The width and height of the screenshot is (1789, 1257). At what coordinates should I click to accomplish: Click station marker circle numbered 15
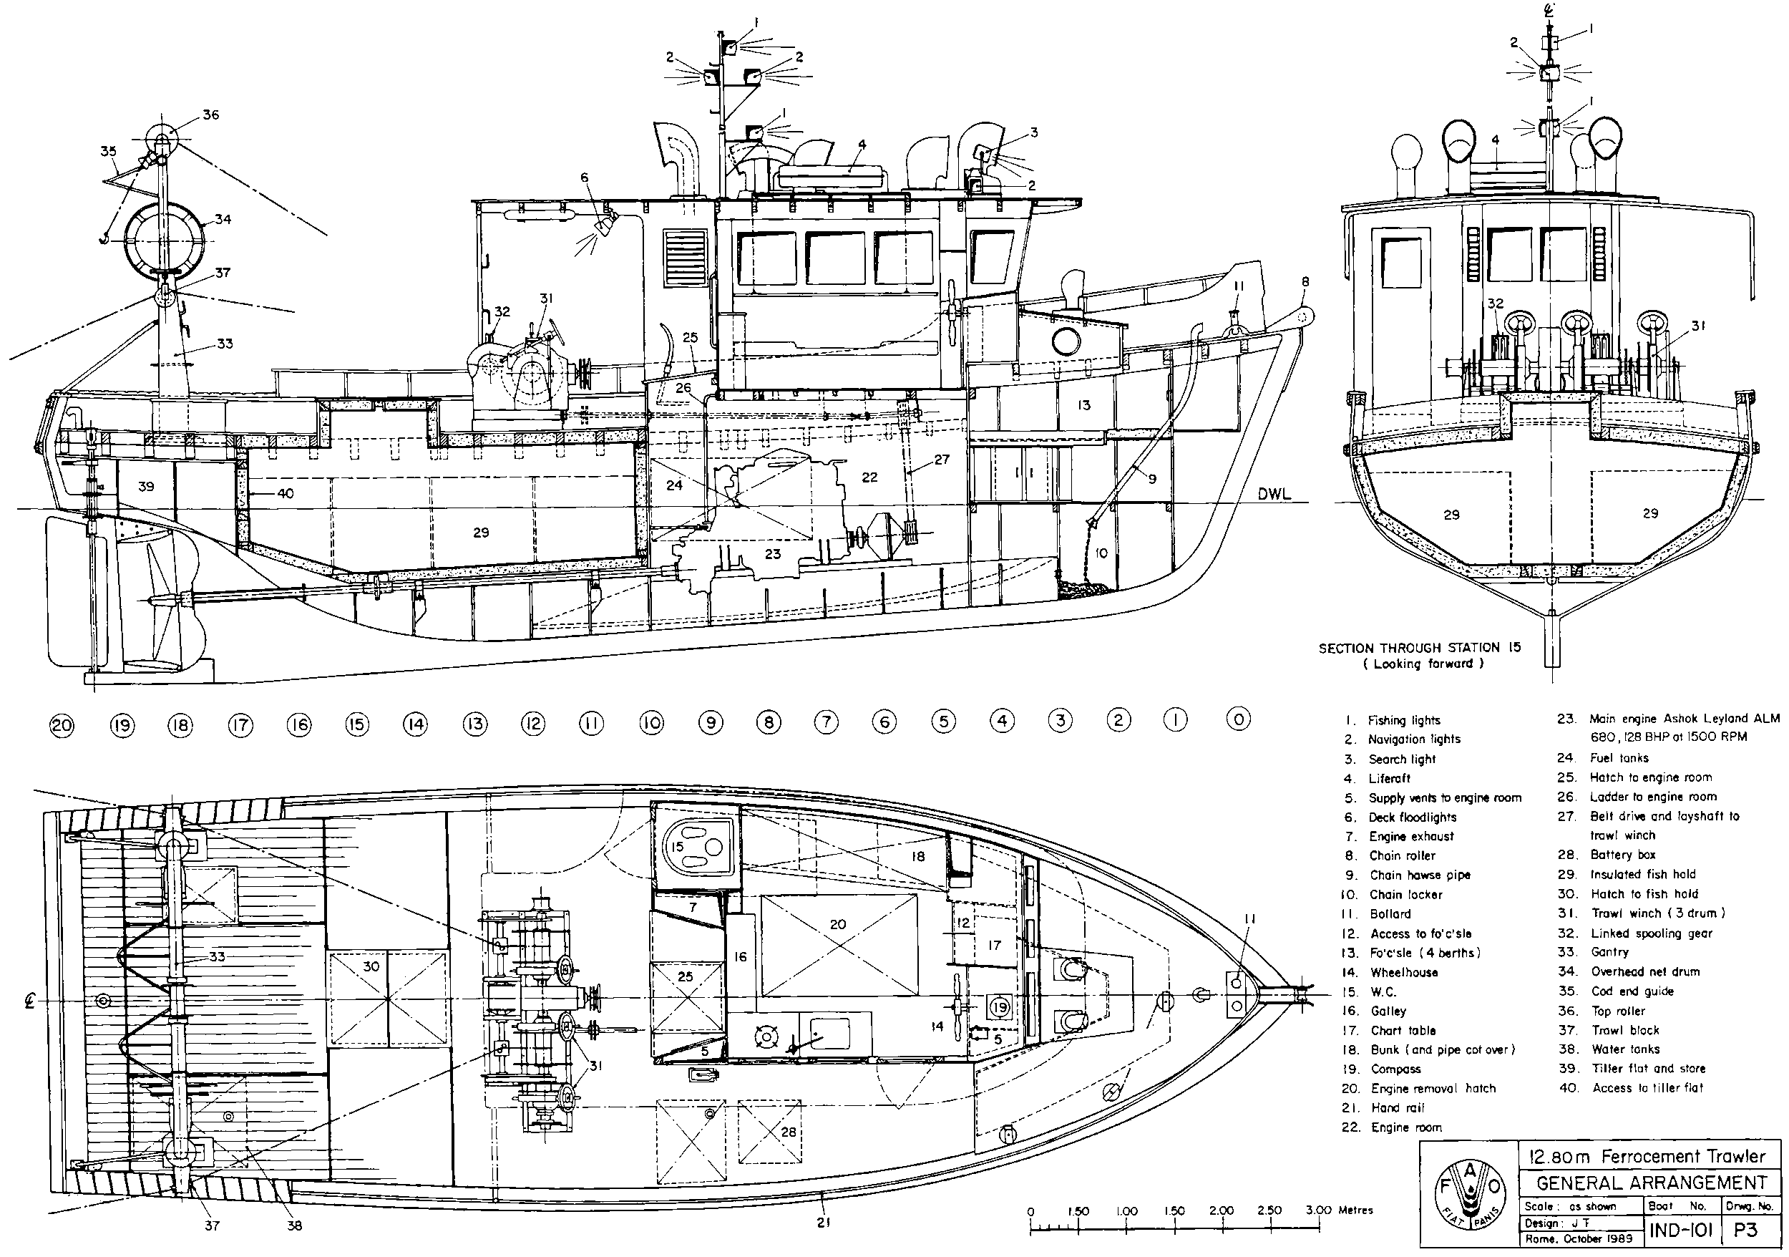point(357,724)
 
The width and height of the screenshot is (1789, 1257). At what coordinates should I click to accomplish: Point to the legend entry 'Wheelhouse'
point(1404,973)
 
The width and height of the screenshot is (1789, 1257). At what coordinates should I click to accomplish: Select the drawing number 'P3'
point(1745,1231)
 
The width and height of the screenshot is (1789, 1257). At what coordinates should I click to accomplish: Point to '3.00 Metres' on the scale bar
point(1340,1210)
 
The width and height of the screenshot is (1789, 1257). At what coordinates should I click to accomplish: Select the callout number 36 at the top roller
point(210,115)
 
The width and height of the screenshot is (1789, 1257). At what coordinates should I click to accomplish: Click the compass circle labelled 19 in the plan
point(999,1007)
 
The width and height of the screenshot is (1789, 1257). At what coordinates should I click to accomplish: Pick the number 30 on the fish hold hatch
point(371,966)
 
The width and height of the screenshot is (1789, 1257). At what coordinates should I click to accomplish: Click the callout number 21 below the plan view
point(824,1223)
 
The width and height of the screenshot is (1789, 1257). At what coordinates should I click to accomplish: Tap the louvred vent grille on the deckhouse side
point(686,262)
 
